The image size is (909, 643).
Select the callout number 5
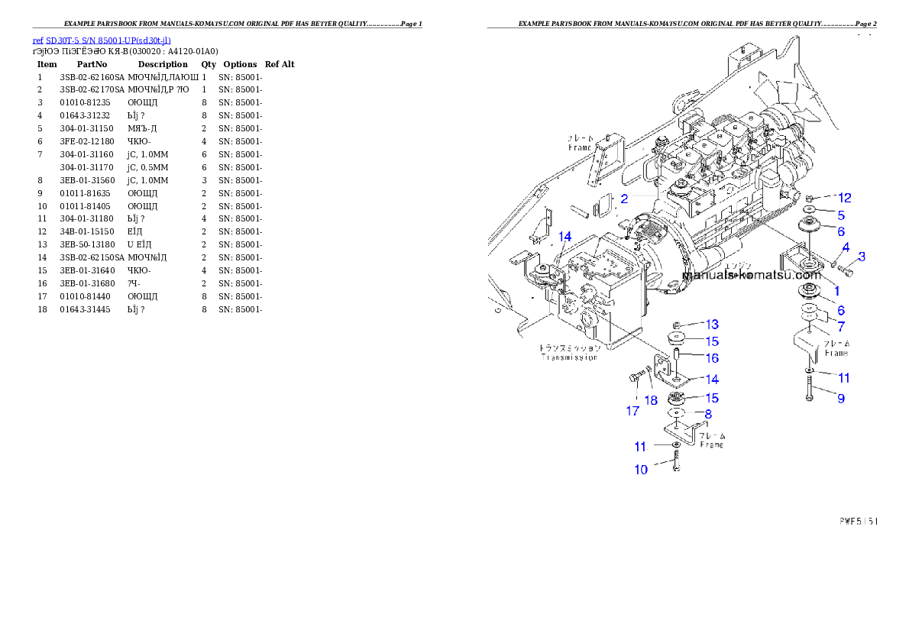[x=840, y=215]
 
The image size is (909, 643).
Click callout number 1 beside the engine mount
[x=836, y=291]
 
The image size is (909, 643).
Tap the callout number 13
[x=711, y=325]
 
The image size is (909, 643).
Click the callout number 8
[x=708, y=414]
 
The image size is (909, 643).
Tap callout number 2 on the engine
[x=623, y=199]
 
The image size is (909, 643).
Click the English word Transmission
[x=569, y=357]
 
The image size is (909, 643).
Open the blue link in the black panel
[x=102, y=40]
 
